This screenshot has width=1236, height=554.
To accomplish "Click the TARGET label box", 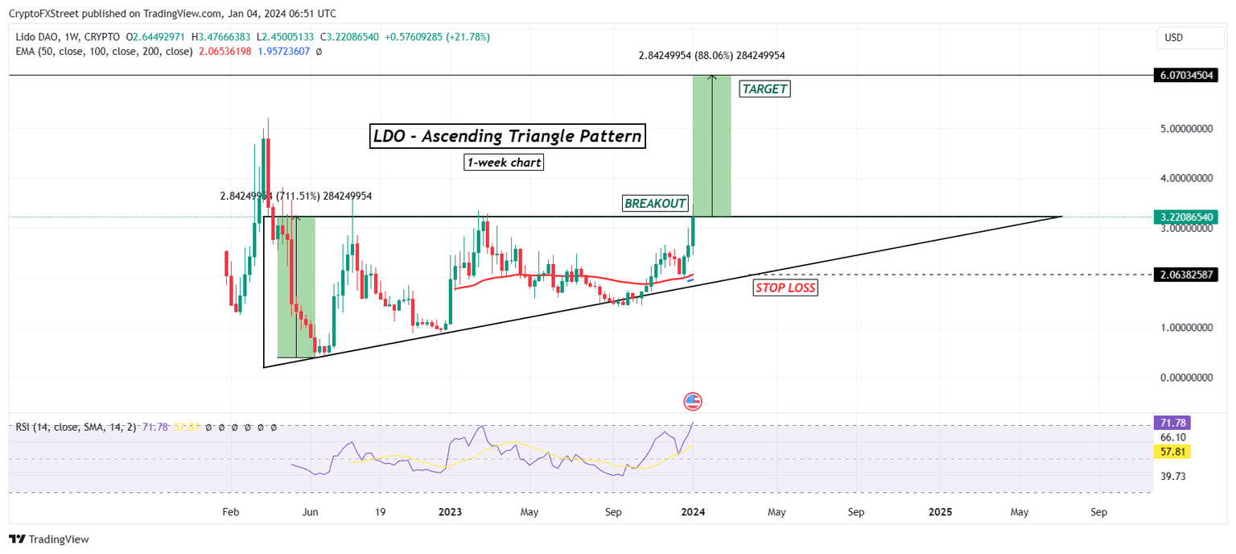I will pyautogui.click(x=764, y=89).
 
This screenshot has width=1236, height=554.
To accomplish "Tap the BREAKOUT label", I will pyautogui.click(x=655, y=204).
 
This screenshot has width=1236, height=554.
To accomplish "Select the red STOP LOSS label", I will pyautogui.click(x=785, y=287).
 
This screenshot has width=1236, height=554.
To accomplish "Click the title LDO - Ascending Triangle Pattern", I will pyautogui.click(x=508, y=136).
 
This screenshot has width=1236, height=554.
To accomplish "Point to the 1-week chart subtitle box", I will pyautogui.click(x=504, y=163).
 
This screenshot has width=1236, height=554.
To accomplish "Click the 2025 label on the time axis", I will pyautogui.click(x=940, y=512).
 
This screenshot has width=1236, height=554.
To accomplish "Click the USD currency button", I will pyautogui.click(x=1175, y=37).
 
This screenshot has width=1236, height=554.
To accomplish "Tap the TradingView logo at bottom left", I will pyautogui.click(x=50, y=540).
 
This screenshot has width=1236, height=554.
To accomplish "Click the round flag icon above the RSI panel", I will pyautogui.click(x=693, y=401).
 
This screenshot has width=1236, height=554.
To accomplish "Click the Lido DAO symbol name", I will pyautogui.click(x=39, y=37).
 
